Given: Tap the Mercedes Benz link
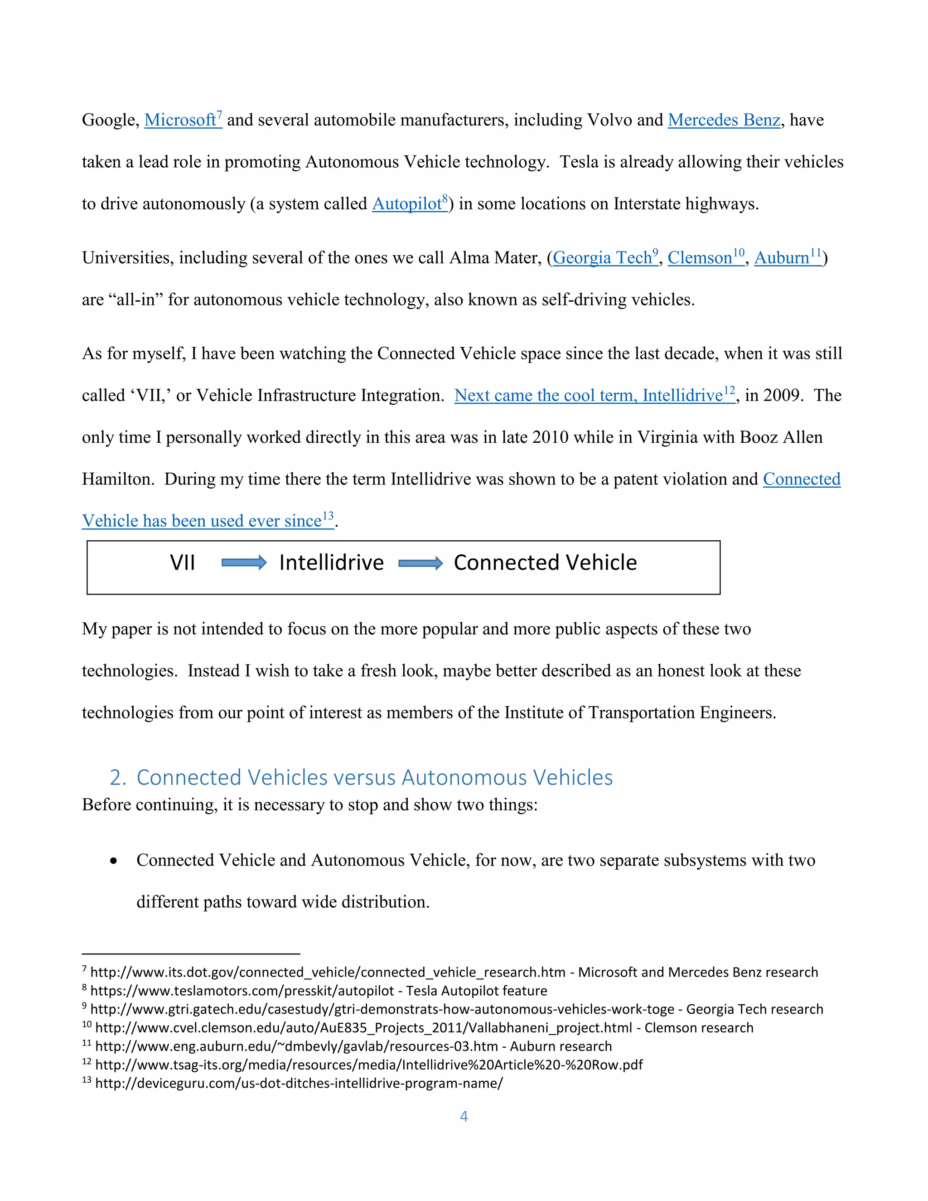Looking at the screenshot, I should pos(724,120).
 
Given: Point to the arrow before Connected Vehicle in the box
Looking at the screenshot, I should pos(420,563).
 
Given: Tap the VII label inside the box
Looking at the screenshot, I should pos(183,562).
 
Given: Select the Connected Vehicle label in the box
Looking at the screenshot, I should pos(545,562).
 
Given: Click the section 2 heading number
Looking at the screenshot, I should pos(117,778).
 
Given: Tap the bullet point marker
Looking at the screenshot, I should pos(114,861).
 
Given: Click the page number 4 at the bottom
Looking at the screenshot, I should pos(464,1116).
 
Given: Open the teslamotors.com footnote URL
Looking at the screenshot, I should pos(242,991).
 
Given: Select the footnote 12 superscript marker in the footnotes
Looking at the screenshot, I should pos(86,1062).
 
